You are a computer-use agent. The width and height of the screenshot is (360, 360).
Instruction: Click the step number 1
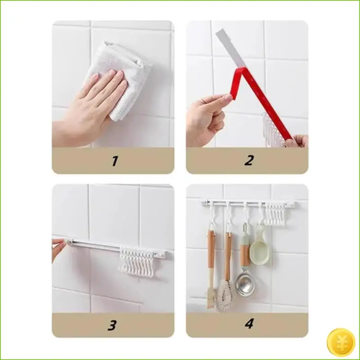[x=114, y=161]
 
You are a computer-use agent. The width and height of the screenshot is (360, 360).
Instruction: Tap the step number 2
[x=248, y=161]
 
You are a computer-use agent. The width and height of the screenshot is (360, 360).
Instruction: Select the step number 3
[x=113, y=324]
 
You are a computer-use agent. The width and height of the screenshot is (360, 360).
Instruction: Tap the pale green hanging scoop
[x=260, y=247]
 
